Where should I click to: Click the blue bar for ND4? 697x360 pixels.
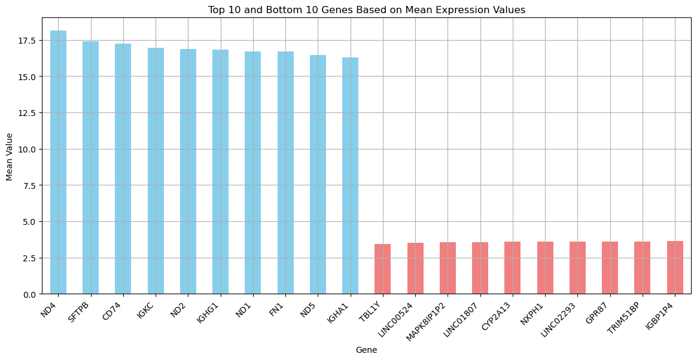[58, 161]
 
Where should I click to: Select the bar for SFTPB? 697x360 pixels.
[90, 167]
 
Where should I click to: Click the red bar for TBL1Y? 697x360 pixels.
[382, 269]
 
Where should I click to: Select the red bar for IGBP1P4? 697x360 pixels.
[675, 267]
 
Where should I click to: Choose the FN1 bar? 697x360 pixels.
[285, 173]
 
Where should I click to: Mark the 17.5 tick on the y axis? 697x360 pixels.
[28, 41]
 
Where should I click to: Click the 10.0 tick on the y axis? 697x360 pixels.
[28, 150]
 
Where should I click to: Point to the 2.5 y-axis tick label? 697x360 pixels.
[30, 258]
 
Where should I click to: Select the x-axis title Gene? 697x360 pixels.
[366, 350]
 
